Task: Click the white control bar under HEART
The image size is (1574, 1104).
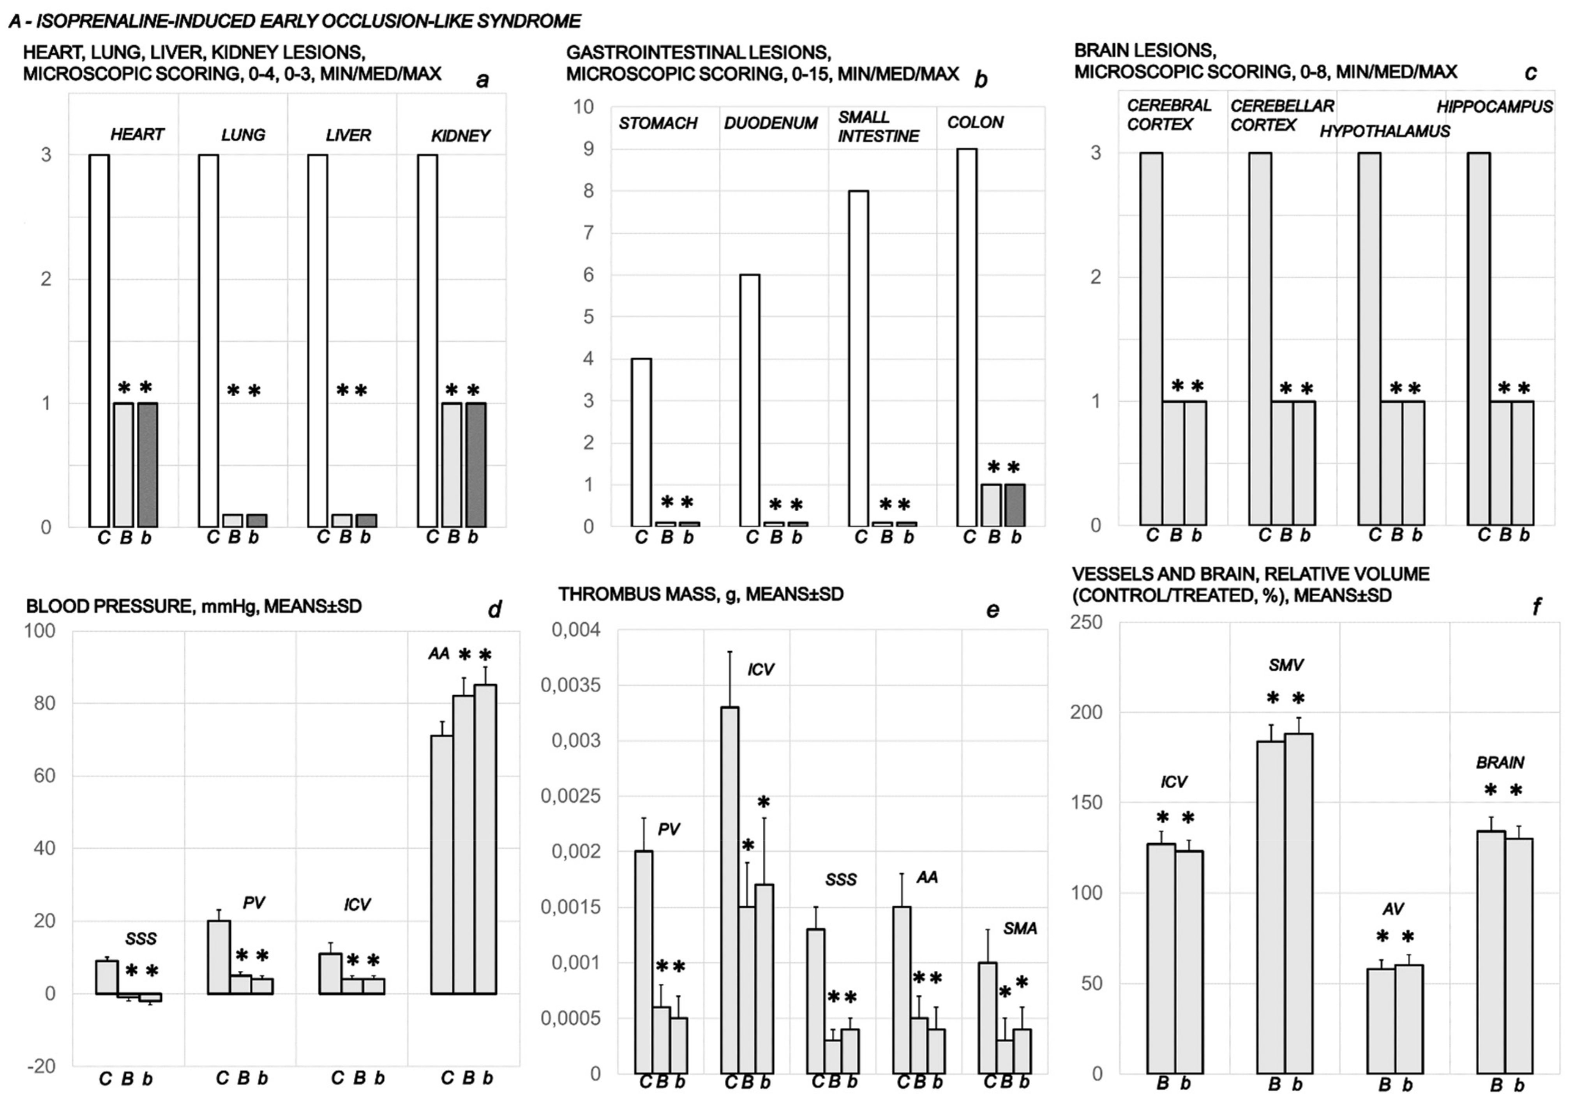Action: (99, 341)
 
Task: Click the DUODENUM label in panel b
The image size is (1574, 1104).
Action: (771, 124)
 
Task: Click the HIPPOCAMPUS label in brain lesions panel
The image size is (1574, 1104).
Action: (1495, 107)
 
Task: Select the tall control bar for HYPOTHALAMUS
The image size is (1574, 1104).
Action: (1369, 339)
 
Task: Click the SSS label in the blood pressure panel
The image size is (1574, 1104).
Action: (141, 939)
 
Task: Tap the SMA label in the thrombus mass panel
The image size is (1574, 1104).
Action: (1020, 929)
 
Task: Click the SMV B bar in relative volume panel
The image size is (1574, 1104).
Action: (1270, 917)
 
